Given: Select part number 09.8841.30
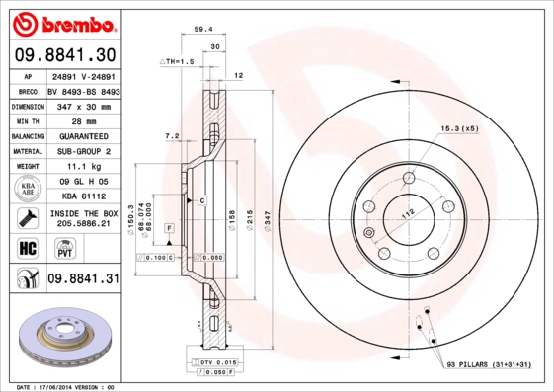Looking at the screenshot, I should (x=65, y=54).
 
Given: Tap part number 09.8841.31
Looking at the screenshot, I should (x=83, y=279).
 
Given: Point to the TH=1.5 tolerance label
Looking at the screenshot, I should (x=179, y=61).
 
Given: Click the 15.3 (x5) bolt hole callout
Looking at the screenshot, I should (x=459, y=127).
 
